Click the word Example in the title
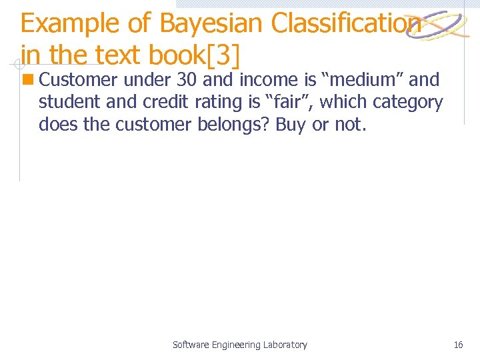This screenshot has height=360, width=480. [x=70, y=24]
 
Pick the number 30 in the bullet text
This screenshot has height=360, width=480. [x=187, y=81]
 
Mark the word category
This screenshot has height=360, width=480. [x=408, y=103]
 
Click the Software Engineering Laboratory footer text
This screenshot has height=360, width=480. [x=240, y=345]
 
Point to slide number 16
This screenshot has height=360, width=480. [x=458, y=345]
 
